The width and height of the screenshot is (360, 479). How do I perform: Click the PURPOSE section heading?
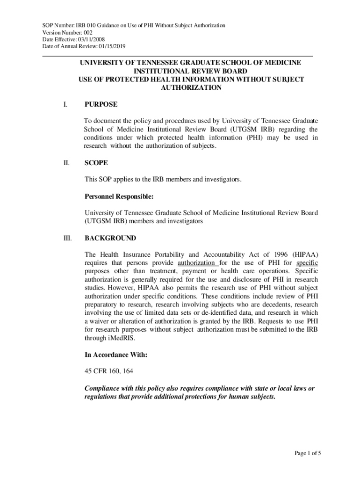(101, 104)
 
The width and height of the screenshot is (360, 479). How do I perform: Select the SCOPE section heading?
(96, 163)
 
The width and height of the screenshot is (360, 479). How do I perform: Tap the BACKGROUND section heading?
(110, 238)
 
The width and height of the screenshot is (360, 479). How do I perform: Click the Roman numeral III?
(67, 238)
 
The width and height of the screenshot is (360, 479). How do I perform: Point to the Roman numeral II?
(66, 163)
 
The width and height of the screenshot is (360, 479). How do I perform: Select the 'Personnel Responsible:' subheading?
(119, 196)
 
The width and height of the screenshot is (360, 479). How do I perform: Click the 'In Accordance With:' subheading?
(115, 355)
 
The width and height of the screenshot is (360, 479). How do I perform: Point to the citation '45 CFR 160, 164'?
(109, 372)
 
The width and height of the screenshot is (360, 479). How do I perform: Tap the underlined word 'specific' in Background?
(307, 263)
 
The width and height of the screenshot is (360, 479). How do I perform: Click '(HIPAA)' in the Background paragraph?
(305, 254)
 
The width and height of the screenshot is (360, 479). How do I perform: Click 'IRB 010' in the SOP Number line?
(65, 25)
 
